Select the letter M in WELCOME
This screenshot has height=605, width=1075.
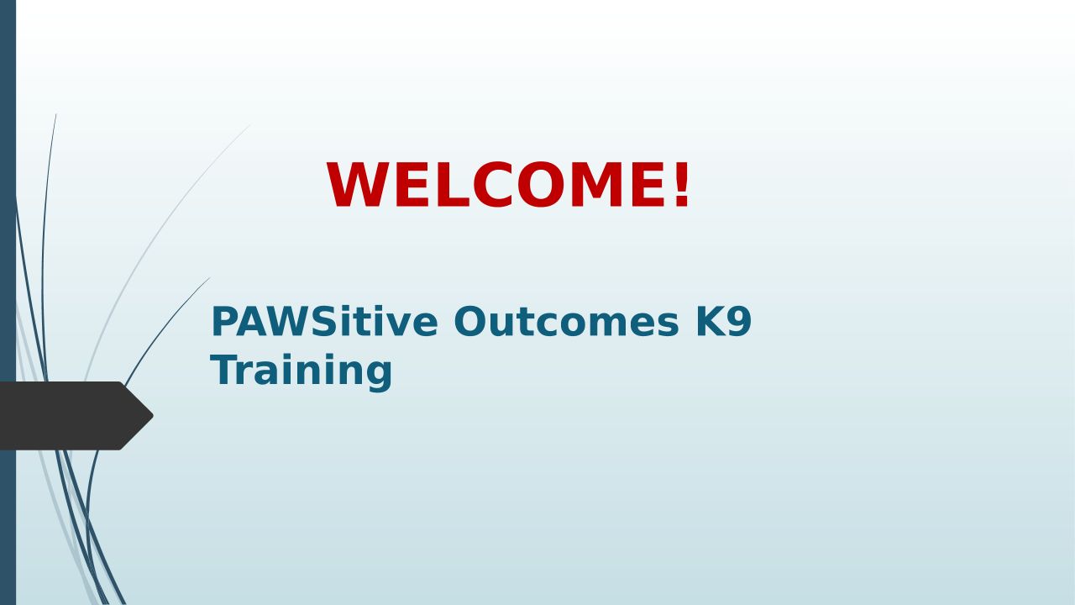(x=596, y=185)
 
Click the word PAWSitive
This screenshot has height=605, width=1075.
(x=324, y=321)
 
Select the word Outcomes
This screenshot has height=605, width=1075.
(x=566, y=321)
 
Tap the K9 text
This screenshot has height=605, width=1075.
(x=723, y=321)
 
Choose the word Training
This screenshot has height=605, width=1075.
(x=302, y=371)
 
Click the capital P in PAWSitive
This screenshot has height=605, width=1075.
(x=223, y=321)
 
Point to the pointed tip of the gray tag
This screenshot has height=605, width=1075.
(x=153, y=416)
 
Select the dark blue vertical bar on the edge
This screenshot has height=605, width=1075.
(x=8, y=302)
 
